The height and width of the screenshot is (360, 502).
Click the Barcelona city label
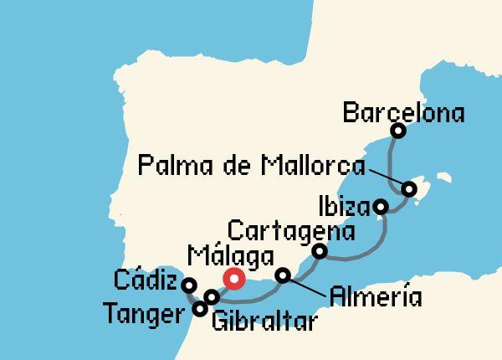(404, 111)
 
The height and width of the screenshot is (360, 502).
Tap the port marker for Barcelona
(398, 131)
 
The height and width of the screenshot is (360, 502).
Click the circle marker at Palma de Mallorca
(409, 189)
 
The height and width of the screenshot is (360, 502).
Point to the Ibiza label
(342, 204)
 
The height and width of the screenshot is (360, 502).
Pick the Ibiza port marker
(381, 206)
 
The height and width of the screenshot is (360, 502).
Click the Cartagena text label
(292, 229)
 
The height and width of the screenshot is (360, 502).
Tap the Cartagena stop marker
(319, 250)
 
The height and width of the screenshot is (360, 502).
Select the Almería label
(376, 296)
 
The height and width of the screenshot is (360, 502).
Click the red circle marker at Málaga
(233, 279)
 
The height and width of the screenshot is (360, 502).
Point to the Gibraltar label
(264, 321)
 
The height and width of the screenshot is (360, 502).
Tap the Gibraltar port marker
(212, 297)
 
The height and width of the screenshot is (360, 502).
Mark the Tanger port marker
(200, 309)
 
